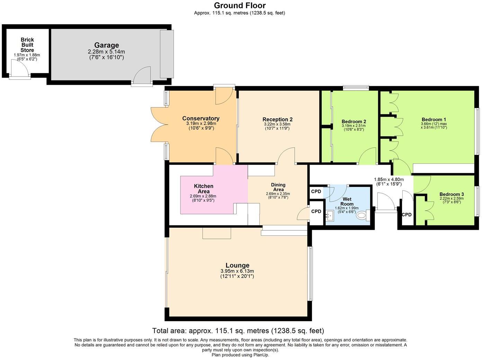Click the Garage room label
click(107, 45)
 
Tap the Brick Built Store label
click(27, 45)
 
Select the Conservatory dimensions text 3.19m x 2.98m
click(201, 124)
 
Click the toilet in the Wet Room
click(362, 216)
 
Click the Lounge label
click(237, 265)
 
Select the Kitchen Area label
click(204, 189)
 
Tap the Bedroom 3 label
click(452, 194)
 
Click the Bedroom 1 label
click(434, 119)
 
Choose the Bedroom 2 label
click(354, 121)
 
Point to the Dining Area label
click(278, 187)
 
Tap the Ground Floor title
click(240, 5)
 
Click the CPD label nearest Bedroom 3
click(407, 215)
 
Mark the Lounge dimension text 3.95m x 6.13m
click(237, 271)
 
